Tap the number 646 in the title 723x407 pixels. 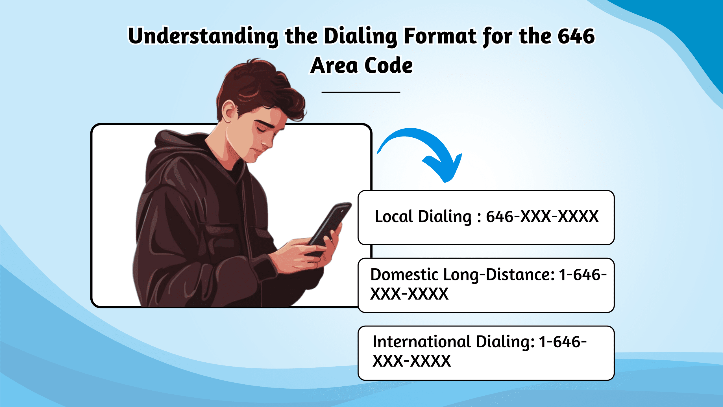coord(576,36)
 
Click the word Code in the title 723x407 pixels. coord(389,65)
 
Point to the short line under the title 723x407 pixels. coord(361,92)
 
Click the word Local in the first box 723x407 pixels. coord(394,217)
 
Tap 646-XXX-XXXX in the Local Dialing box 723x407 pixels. coord(542,217)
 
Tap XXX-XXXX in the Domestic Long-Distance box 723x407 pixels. coord(410,294)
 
